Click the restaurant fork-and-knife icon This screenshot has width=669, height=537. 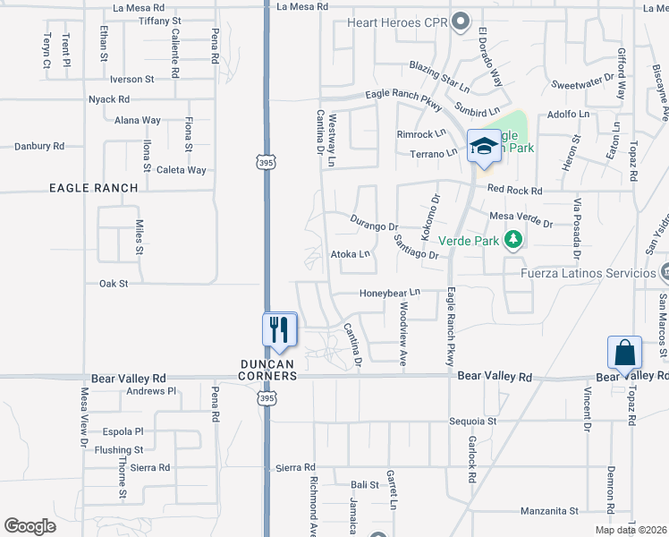coord(280,329)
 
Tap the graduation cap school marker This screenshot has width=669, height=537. coord(483,146)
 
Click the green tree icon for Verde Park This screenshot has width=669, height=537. coord(513,240)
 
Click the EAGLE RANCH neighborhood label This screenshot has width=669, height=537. coord(94,188)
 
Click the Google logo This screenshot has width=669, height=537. coord(30,526)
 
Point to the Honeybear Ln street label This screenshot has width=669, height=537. coord(390,293)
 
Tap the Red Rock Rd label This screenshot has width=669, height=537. coord(514,191)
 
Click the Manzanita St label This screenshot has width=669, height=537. coord(550,512)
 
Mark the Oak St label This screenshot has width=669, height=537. coord(114,284)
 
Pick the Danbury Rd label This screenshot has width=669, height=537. coord(39,146)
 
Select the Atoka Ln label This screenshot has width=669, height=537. coord(351,254)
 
